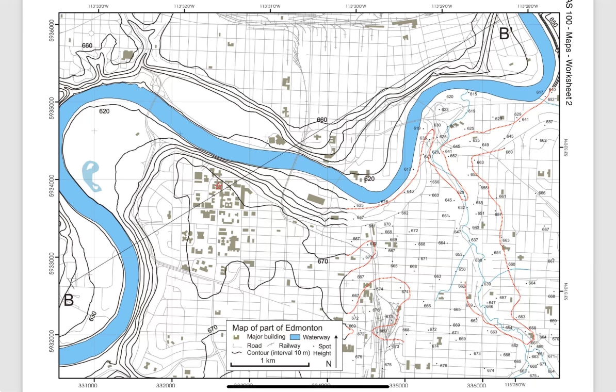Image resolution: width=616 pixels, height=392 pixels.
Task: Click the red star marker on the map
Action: [x=218, y=185]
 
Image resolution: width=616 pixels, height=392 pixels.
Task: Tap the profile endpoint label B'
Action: [x=505, y=34]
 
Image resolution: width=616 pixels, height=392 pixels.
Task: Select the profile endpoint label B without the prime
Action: [x=69, y=300]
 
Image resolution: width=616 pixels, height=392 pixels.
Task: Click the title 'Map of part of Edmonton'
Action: [x=277, y=328]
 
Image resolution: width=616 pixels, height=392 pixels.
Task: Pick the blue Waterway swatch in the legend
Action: [x=289, y=337]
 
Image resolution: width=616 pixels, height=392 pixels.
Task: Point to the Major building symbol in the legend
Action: [x=236, y=337]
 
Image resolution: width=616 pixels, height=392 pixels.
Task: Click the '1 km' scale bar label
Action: [x=268, y=360]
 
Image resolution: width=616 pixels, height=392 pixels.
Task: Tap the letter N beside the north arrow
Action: [x=328, y=364]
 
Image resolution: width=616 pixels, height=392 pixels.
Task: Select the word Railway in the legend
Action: [x=289, y=346]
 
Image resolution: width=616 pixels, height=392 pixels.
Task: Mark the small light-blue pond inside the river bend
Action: [x=91, y=176]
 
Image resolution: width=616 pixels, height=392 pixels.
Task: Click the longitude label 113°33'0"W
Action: [x=98, y=6]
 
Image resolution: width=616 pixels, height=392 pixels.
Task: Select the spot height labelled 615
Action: [x=473, y=94]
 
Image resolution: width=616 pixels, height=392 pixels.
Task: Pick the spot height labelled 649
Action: [x=485, y=145]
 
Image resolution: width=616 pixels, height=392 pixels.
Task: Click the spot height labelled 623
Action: [x=445, y=109]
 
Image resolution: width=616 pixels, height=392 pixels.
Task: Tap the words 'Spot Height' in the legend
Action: [x=325, y=349]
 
